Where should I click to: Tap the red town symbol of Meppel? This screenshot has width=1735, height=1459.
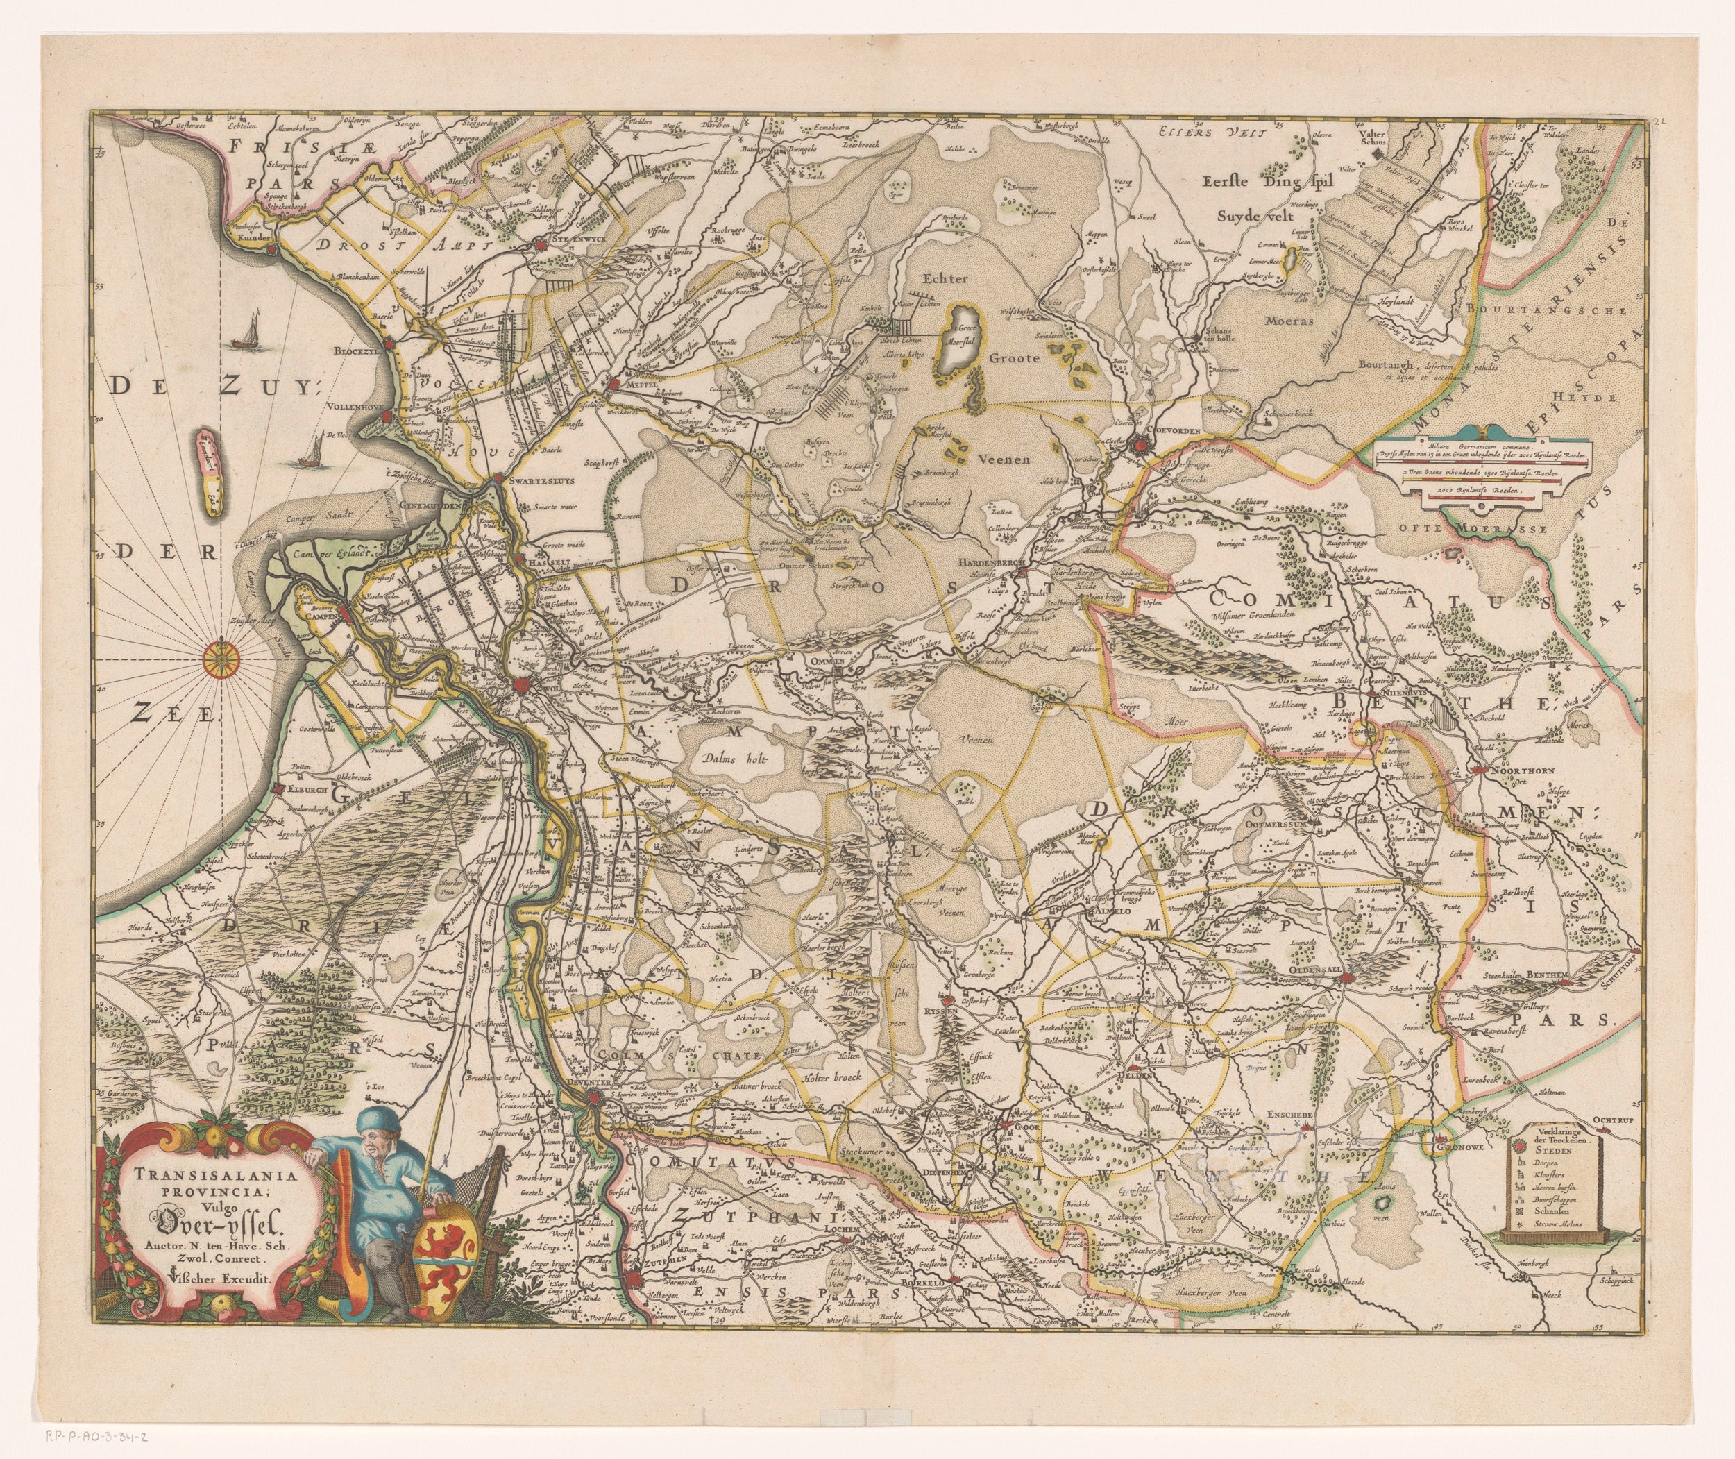coord(613,384)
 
